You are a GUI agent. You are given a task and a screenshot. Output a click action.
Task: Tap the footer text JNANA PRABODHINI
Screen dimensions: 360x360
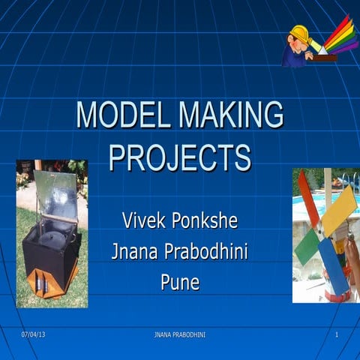point(179,334)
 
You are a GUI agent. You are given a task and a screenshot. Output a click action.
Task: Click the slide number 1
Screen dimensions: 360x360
point(337,334)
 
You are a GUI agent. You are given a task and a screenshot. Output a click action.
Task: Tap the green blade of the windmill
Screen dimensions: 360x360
point(307,247)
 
